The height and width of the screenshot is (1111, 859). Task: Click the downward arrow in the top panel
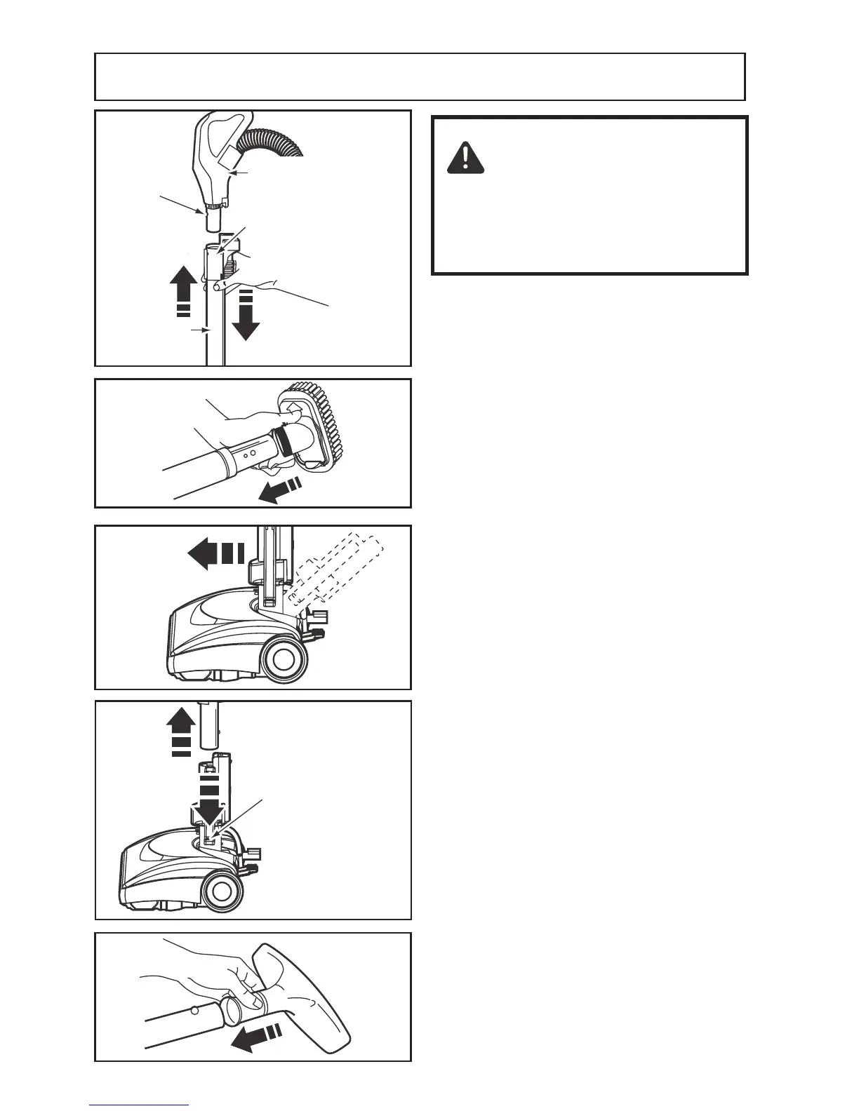246,314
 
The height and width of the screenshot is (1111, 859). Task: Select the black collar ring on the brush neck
284,440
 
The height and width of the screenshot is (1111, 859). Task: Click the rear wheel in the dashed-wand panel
284,657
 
